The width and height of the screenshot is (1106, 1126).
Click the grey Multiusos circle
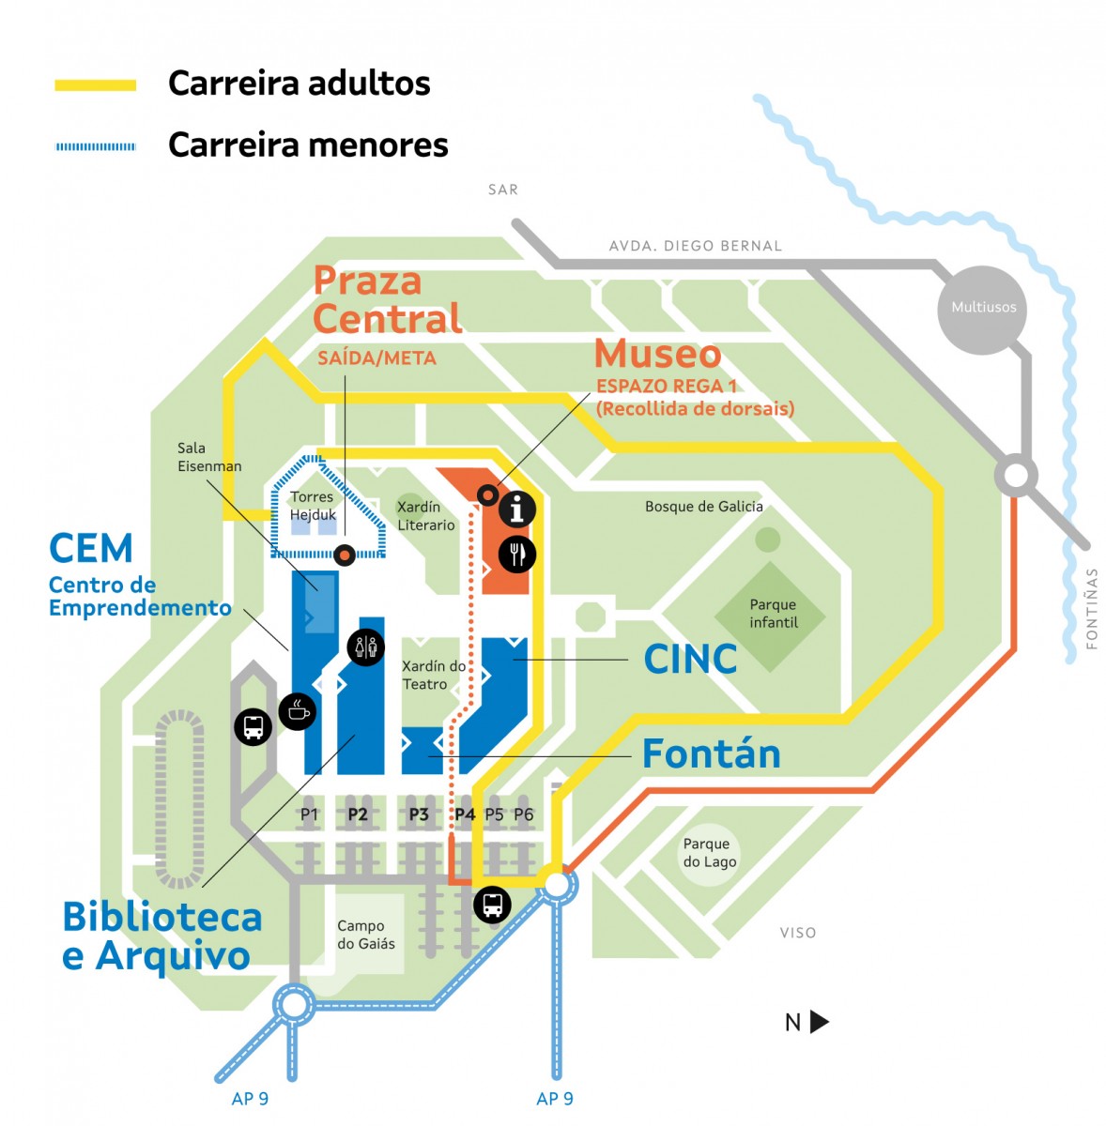pos(983,308)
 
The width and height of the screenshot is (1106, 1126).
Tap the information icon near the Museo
pos(516,509)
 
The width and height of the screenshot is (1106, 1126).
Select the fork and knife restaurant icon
pos(516,554)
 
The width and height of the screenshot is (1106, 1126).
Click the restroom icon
pos(365,647)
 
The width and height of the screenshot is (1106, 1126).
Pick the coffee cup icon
pos(298,711)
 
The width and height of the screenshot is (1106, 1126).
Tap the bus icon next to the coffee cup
pos(253,725)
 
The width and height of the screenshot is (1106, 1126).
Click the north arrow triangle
pos(819,1022)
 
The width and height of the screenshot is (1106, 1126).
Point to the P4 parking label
pos(465,814)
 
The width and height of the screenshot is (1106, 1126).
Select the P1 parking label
pos(309,814)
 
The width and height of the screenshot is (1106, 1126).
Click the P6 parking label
pos(524,814)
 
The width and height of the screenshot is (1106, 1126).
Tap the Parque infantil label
pos(773,614)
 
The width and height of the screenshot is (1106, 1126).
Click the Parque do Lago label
pos(709,853)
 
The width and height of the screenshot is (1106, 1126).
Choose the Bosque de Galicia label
pos(703,507)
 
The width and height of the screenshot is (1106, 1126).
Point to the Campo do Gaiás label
pos(366,935)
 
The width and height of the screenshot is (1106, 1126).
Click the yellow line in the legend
pos(96,85)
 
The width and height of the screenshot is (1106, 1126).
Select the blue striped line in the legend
pos(96,146)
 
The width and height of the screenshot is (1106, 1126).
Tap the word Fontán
pos(711,754)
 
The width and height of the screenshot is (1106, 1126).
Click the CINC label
pos(690,660)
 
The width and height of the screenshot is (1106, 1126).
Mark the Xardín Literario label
pos(425,516)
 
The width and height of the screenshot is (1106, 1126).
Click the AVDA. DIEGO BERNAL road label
pos(695,246)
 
